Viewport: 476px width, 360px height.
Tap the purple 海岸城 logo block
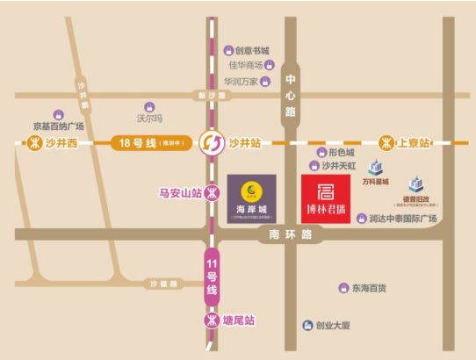pos(251,200)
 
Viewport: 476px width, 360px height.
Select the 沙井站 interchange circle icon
pos(212,141)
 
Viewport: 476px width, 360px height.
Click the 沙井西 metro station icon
pos(36,142)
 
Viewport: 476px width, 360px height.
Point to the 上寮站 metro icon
pos(385,142)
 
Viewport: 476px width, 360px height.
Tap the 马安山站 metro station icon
pos(212,194)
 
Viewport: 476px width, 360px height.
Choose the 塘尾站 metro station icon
pos(212,320)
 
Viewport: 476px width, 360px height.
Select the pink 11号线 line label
pos(212,277)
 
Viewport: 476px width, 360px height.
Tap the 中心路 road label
pos(291,100)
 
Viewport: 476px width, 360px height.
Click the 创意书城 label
pos(252,51)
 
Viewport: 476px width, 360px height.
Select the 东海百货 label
pos(369,288)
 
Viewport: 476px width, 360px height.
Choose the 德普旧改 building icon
pos(414,185)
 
